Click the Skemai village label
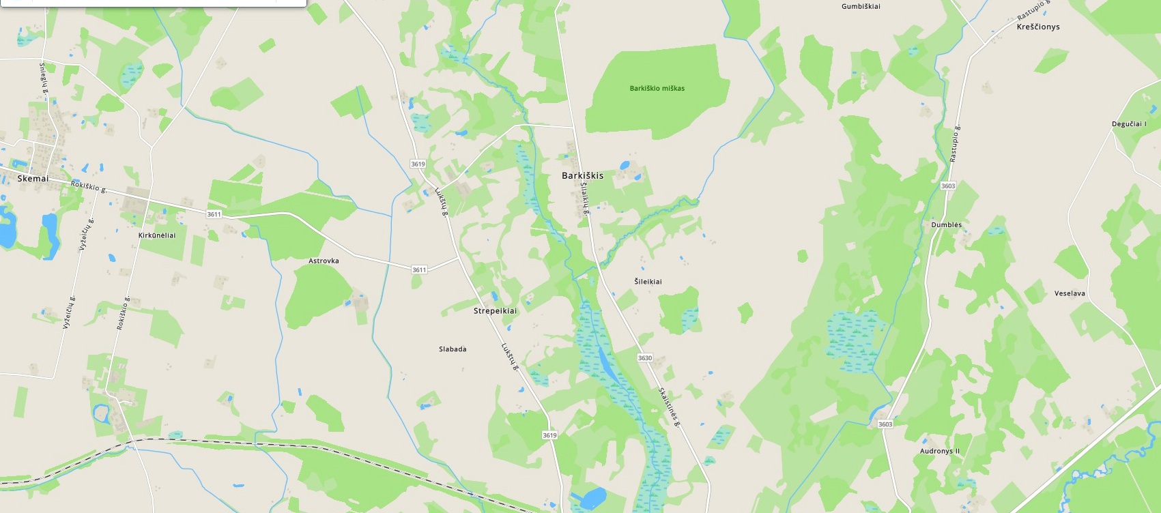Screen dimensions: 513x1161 [33, 179]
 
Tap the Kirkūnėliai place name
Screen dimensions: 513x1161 [157, 235]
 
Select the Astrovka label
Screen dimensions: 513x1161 [324, 261]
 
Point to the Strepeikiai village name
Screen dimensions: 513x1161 [495, 311]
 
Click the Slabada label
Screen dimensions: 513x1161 [453, 349]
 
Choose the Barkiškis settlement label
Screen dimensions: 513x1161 [582, 175]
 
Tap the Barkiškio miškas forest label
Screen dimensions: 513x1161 [657, 88]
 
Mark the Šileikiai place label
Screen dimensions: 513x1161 [648, 281]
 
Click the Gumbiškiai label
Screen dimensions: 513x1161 [861, 7]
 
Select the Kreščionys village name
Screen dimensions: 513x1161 [1037, 27]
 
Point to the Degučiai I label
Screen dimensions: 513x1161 [1129, 124]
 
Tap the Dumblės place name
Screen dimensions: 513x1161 [946, 225]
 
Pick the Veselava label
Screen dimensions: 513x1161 [1070, 293]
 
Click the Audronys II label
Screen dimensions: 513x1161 [939, 452]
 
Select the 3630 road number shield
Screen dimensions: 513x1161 [644, 357]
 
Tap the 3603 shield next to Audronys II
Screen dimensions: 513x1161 [885, 424]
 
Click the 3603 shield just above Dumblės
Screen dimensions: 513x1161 [947, 186]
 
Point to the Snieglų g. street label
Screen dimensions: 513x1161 [44, 80]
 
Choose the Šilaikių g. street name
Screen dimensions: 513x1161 [585, 199]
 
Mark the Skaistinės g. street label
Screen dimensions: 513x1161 [669, 407]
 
